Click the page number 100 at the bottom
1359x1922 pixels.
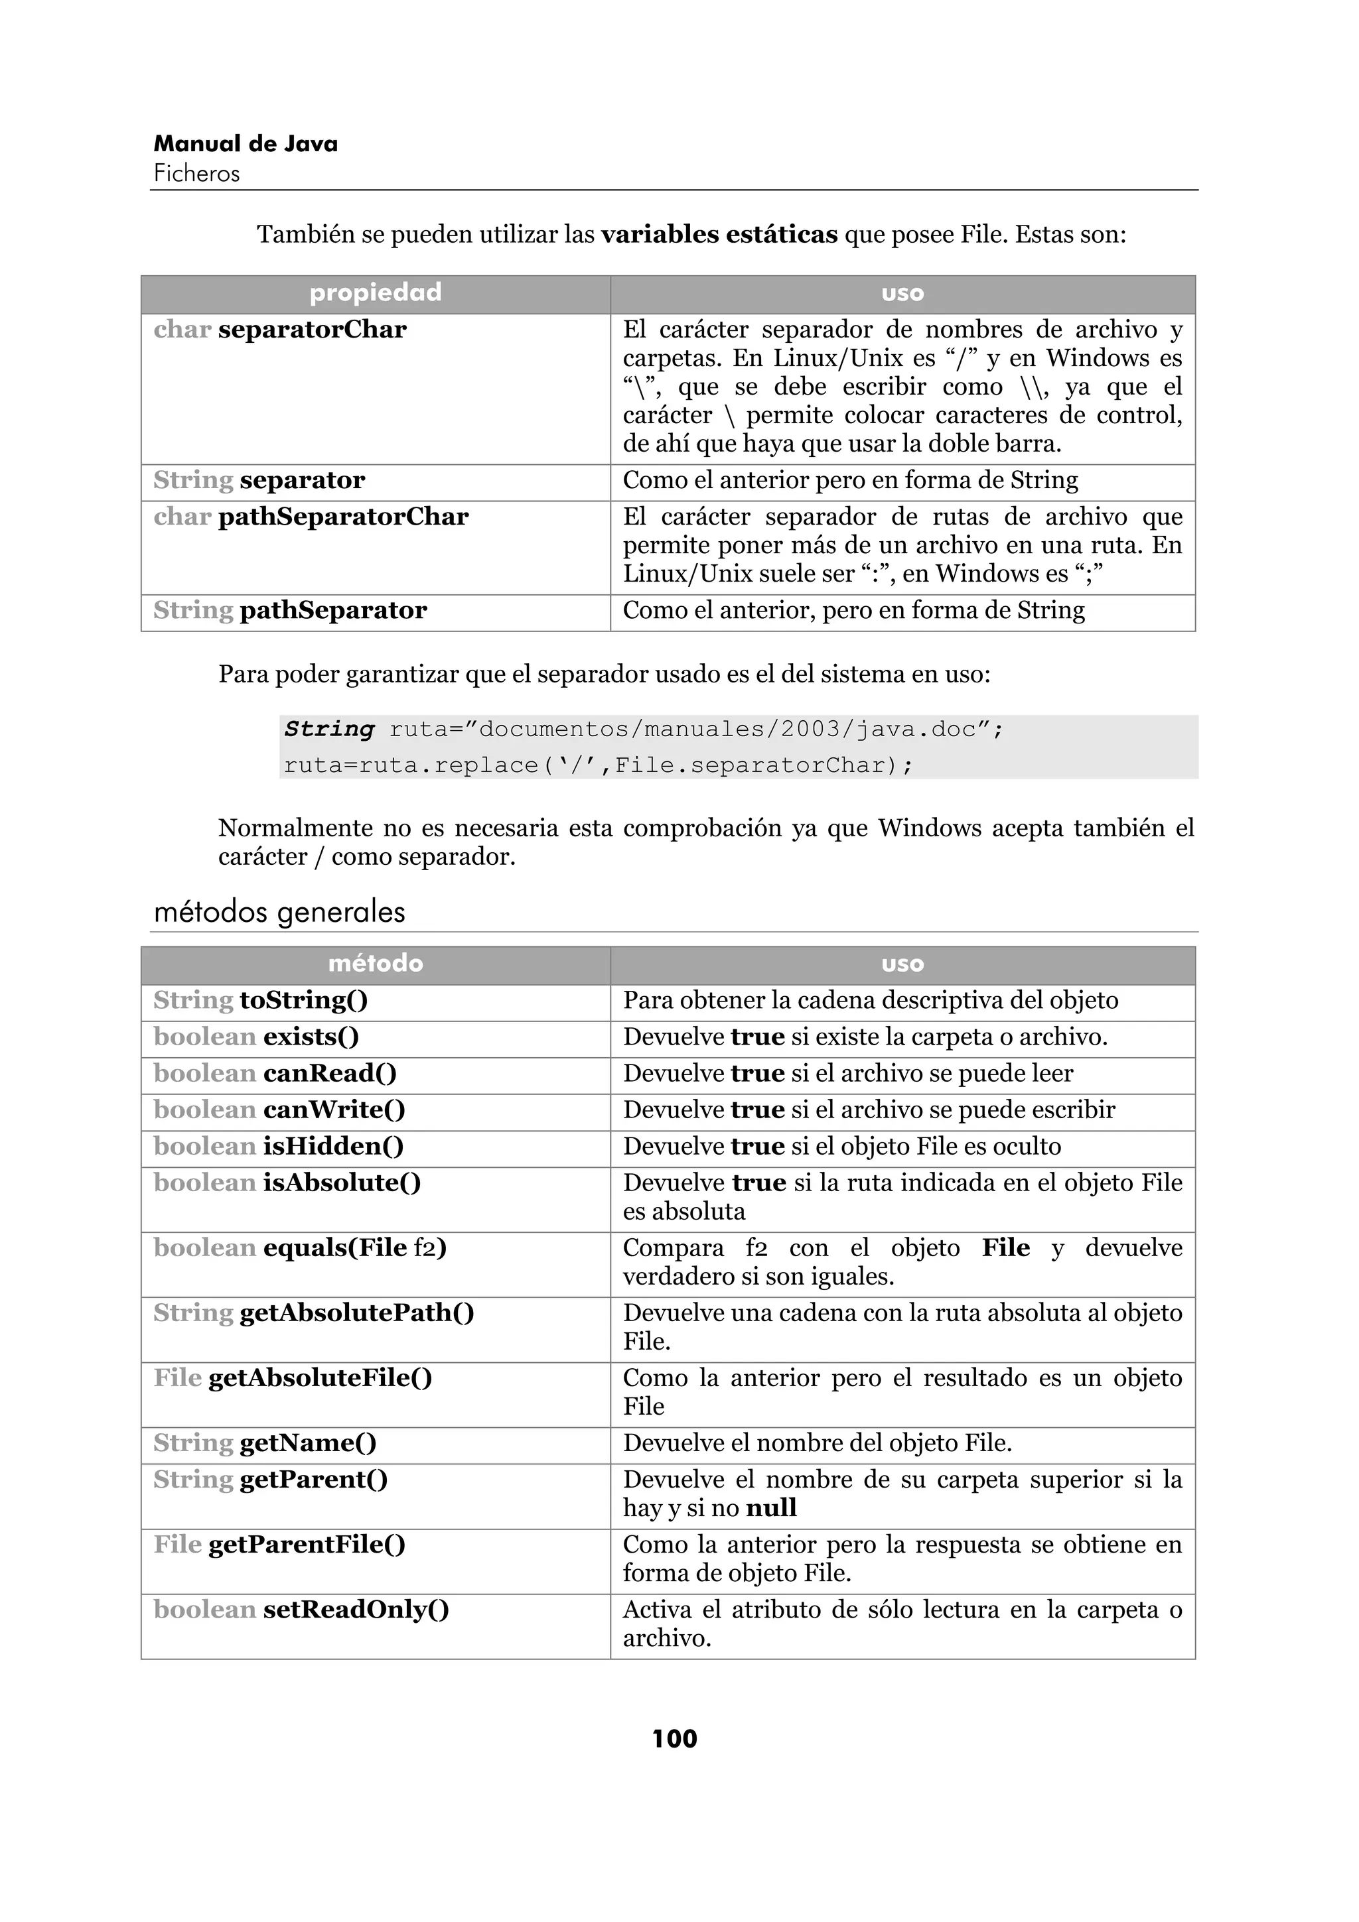tap(674, 1739)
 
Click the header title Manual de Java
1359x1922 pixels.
tap(246, 144)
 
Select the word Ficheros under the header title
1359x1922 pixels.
tap(197, 174)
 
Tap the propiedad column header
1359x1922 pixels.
tap(375, 293)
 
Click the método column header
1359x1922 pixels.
tap(375, 964)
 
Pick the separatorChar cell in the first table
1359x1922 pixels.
tap(313, 330)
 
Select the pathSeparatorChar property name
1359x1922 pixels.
tap(343, 517)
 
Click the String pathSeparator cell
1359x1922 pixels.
tap(290, 610)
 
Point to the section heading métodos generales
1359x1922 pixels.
tap(279, 912)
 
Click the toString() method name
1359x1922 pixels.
tap(304, 1000)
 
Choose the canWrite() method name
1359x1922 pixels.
tap(334, 1110)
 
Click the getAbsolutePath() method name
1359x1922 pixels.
tap(357, 1313)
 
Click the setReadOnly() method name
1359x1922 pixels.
tap(356, 1610)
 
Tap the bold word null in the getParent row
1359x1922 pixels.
tap(771, 1508)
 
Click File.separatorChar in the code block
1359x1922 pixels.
tap(751, 765)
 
